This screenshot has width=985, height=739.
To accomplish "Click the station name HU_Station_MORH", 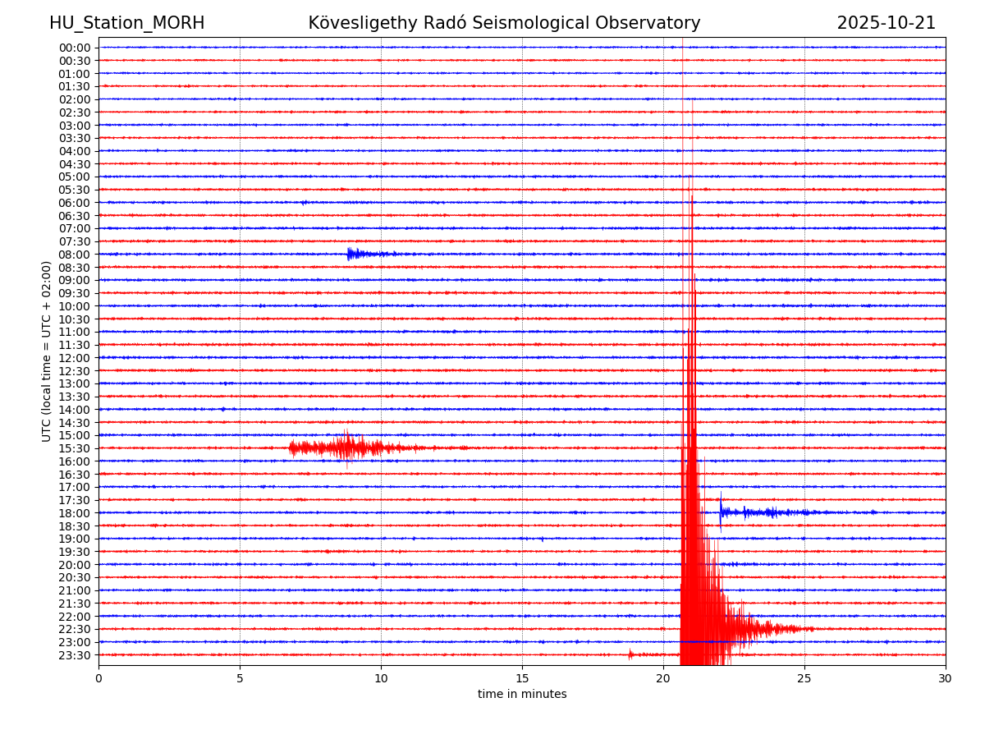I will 126,24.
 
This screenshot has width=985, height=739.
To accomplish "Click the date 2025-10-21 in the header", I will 886,24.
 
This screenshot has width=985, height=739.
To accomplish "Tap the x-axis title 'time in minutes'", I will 522,695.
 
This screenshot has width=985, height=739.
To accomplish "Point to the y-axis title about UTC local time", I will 47,351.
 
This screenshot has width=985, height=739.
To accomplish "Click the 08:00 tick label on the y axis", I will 74,255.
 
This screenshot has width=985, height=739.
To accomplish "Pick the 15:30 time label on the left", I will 74,448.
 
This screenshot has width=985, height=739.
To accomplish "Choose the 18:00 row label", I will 74,513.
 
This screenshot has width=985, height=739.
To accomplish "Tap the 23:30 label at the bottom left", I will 74,655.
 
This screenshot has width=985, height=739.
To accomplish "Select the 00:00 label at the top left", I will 74,48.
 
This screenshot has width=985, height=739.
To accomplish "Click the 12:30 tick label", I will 74,371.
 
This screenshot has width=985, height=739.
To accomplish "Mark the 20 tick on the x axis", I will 663,679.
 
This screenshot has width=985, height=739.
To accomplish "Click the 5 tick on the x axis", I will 240,679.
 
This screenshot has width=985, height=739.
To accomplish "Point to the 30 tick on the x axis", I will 946,679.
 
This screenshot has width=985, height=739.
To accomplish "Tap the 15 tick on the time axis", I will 522,679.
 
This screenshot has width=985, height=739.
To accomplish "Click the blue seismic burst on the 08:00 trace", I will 353,254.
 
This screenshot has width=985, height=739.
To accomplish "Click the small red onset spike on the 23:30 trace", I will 630,654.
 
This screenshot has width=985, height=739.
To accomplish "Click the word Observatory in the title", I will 653,24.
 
